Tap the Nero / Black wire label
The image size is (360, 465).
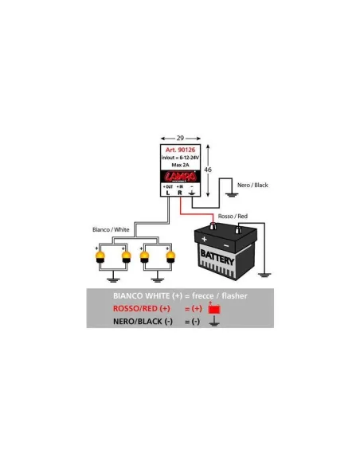point(253,185)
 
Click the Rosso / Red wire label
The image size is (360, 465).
point(232,215)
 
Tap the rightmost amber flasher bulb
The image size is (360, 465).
point(170,257)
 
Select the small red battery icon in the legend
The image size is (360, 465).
point(213,308)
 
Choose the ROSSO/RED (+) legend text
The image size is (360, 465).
point(142,308)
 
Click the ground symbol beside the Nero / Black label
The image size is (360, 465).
point(231,191)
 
